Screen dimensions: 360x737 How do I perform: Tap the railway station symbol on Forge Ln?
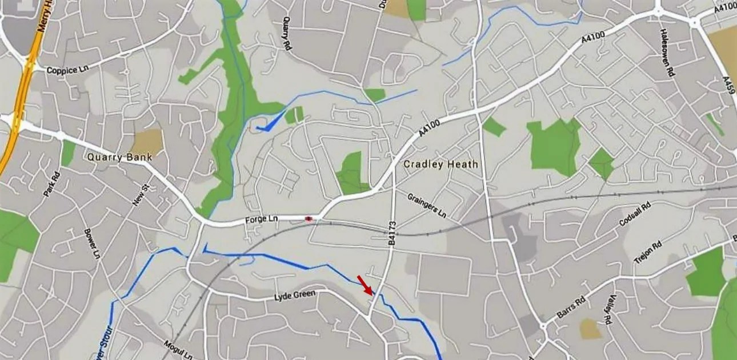309,218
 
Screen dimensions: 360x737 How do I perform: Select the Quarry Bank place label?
119,157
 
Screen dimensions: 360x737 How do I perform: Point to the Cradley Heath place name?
440,164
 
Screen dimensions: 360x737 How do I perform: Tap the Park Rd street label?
51,184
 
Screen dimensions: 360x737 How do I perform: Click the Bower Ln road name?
92,243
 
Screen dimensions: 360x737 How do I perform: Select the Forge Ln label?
261,219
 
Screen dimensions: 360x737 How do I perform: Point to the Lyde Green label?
295,295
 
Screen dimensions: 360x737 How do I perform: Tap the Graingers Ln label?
427,206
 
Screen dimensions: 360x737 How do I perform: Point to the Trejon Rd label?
648,253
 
